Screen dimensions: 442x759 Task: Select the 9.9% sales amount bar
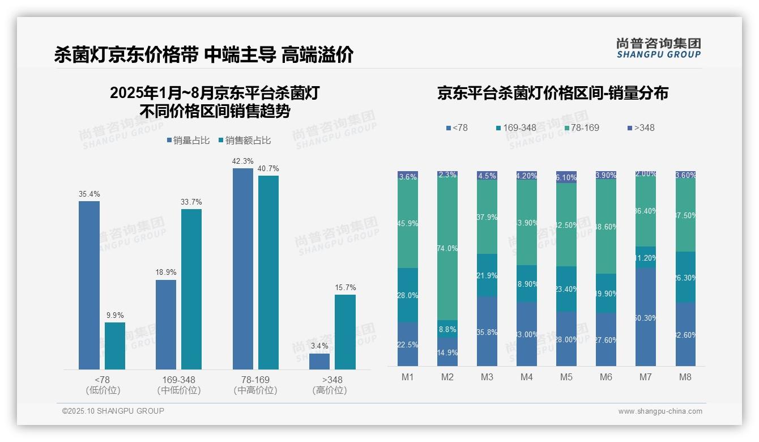click(x=115, y=346)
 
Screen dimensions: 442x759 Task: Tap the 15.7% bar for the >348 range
click(x=345, y=331)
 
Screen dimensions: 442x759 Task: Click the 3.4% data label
click(x=319, y=346)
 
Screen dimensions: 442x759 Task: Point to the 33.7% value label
click(x=191, y=202)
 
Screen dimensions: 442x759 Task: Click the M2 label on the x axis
click(x=447, y=377)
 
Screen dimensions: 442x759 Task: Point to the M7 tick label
click(x=645, y=377)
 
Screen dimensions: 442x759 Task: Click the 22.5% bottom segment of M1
click(x=408, y=345)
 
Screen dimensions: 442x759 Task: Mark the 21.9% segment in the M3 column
click(x=487, y=275)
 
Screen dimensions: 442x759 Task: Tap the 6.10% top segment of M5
click(x=566, y=177)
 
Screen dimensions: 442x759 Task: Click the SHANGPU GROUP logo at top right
click(x=658, y=48)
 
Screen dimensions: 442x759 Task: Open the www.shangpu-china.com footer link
click(x=660, y=411)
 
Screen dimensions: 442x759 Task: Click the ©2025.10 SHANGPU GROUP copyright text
click(x=113, y=411)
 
